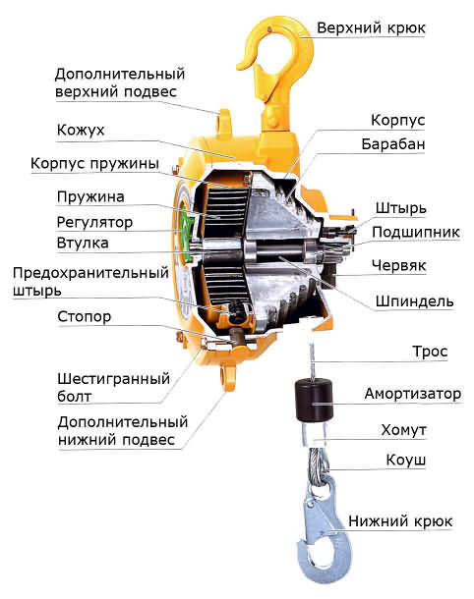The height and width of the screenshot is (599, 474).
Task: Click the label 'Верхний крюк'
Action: [371, 28]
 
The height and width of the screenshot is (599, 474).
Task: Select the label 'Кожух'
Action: [81, 131]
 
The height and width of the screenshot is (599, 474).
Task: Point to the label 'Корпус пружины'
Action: [94, 164]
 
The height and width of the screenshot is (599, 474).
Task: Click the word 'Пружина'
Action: [90, 197]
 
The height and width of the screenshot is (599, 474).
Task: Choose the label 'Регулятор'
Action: [94, 223]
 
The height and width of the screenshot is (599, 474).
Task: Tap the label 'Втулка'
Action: [83, 243]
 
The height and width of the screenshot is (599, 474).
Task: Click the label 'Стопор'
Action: [85, 317]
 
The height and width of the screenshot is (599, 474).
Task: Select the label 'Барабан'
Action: [393, 144]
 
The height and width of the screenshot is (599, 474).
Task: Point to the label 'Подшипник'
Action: [416, 233]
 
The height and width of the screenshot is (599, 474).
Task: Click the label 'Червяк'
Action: [398, 265]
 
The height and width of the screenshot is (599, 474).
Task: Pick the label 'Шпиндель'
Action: [414, 301]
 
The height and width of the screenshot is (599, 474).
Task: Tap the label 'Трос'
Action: [430, 352]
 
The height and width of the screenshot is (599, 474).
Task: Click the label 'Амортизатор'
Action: [413, 394]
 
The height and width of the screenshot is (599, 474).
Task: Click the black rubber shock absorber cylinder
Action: [315, 400]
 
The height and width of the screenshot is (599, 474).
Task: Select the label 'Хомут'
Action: [403, 430]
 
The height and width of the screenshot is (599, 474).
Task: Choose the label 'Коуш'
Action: [405, 461]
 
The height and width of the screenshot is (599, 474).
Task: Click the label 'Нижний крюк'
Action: [400, 521]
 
